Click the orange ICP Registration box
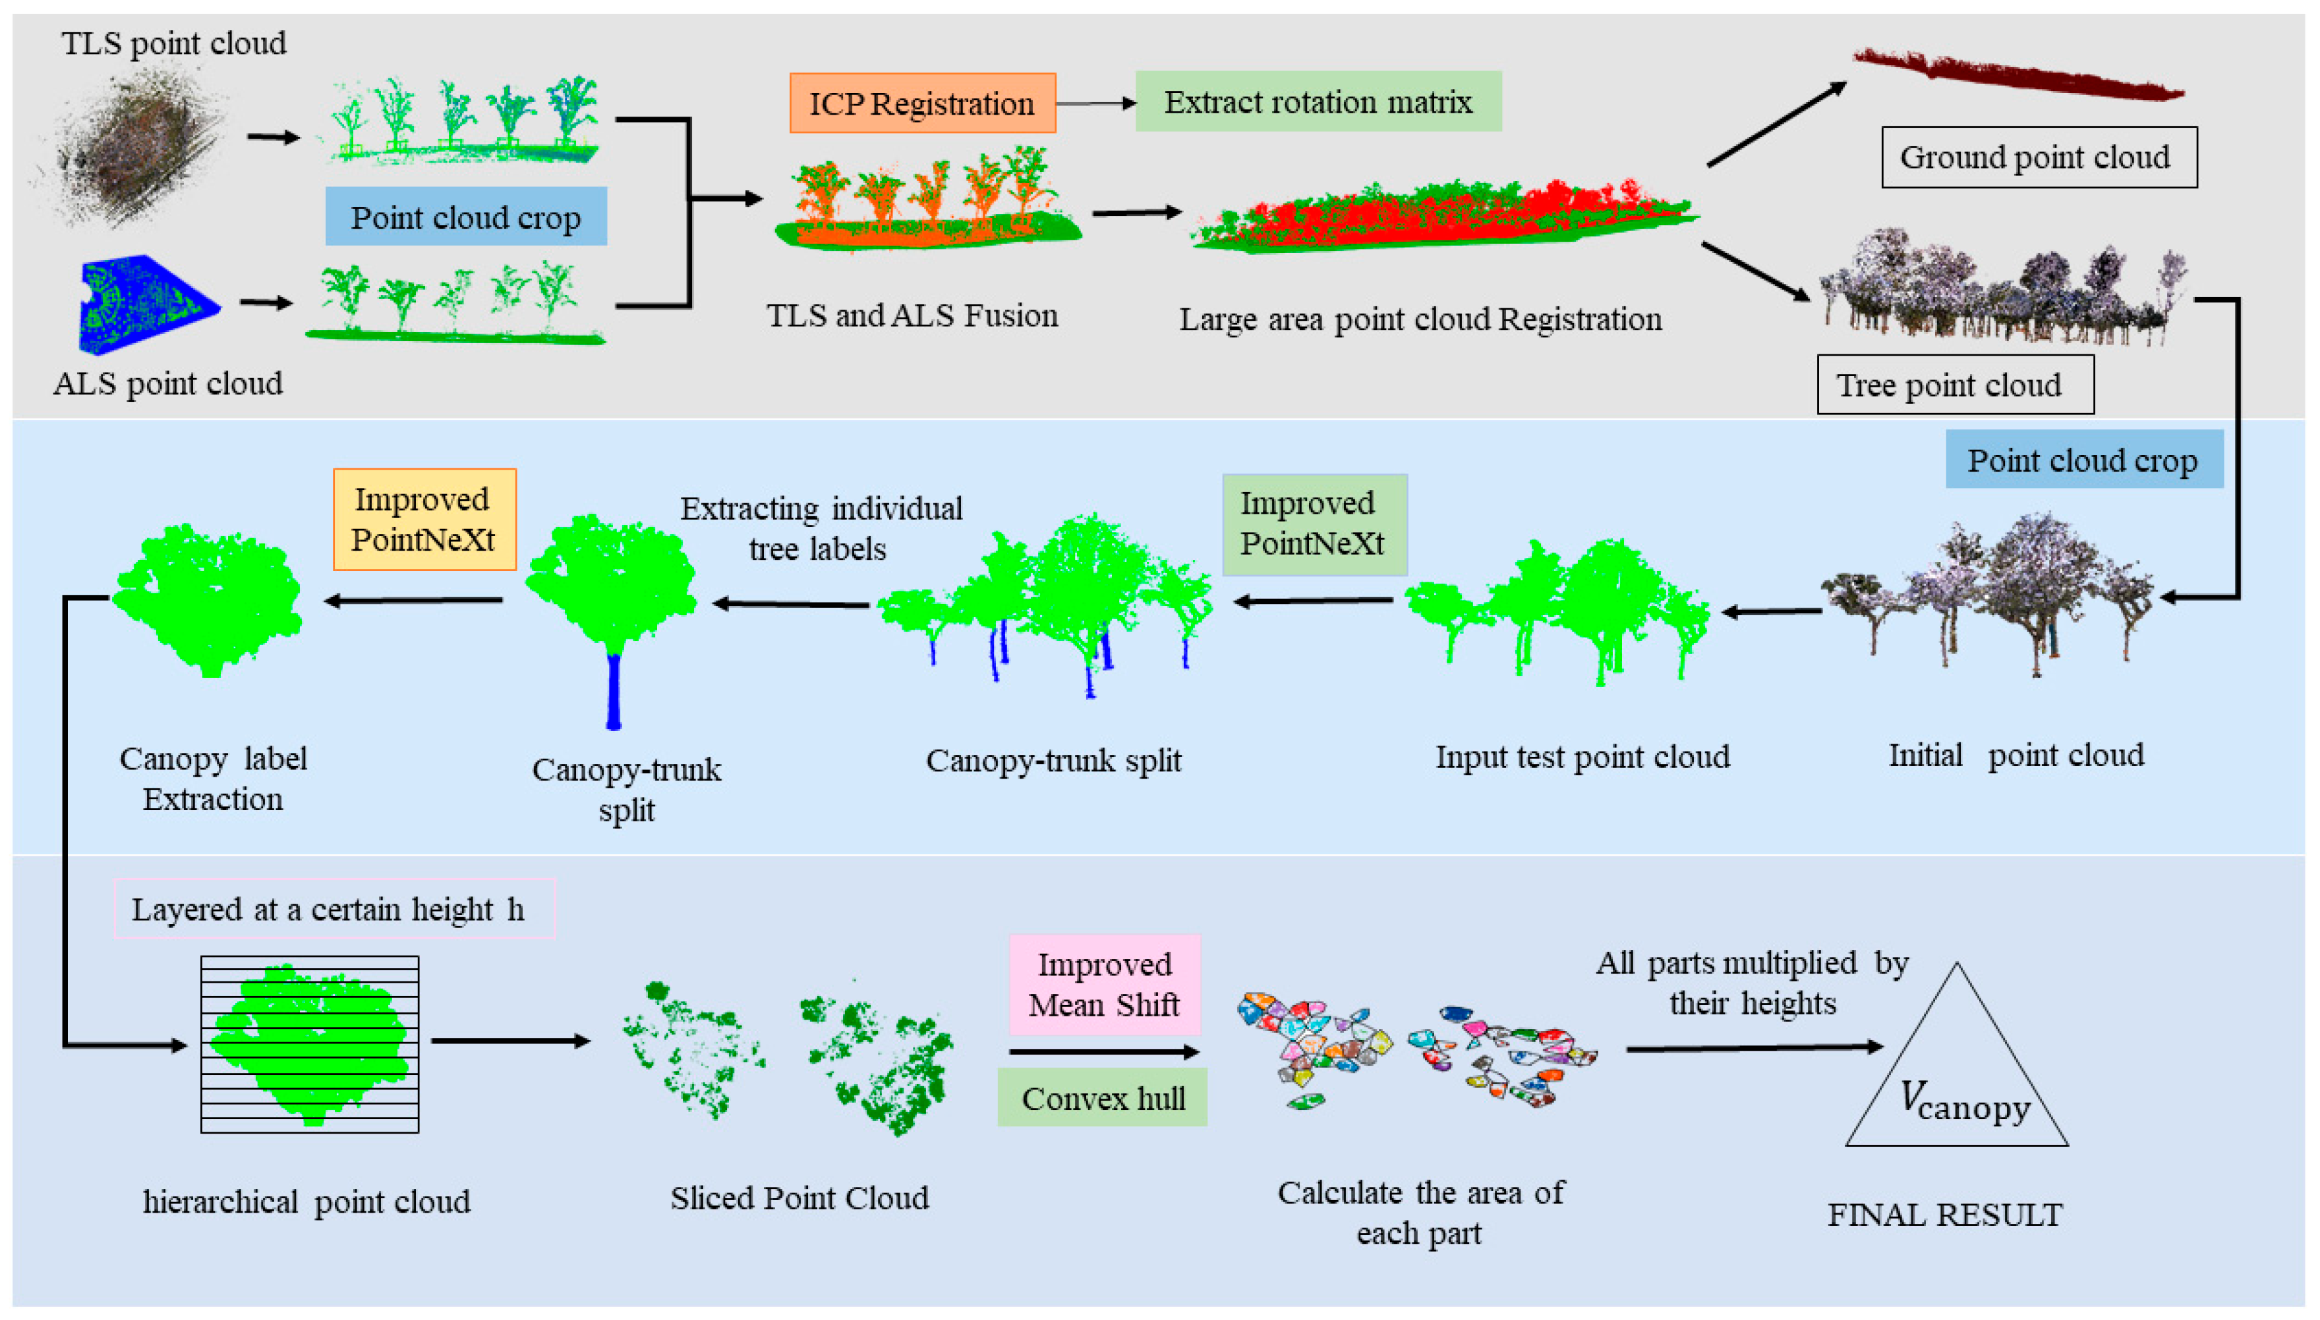coord(922,103)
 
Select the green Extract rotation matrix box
coord(1318,101)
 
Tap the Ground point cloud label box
coord(2038,157)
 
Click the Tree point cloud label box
coord(1954,385)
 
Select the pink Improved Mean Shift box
coord(1104,985)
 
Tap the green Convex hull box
coord(1102,1098)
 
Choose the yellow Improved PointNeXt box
coord(424,520)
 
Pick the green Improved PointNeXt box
coord(1314,525)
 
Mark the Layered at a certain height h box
coord(333,908)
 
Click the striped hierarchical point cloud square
coord(309,1045)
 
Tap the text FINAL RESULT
coord(1944,1215)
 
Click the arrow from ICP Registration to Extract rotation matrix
coord(1095,103)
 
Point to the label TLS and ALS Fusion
coord(912,316)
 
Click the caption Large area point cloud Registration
coord(1420,319)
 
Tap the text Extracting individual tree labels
coord(820,528)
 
